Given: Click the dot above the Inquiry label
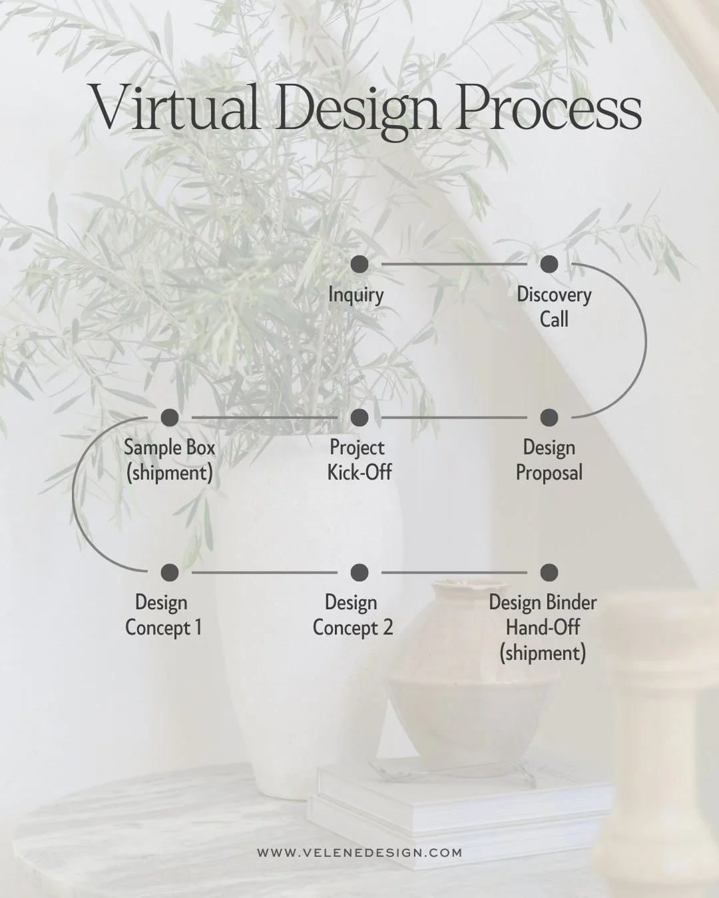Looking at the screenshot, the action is [359, 264].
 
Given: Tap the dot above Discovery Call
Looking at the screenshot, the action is [549, 264].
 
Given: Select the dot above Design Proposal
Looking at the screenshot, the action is [549, 418].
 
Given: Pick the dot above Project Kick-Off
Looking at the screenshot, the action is [359, 418].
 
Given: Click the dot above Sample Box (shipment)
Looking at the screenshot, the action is [170, 418].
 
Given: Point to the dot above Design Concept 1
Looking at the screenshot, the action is [170, 572].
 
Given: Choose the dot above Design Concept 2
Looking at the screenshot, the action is [359, 572].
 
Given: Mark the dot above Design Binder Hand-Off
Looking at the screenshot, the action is [549, 572].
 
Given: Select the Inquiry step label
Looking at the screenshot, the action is [356, 295].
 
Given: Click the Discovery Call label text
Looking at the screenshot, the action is [554, 307].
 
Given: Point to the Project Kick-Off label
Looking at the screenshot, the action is [359, 460].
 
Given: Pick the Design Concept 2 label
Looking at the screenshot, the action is [353, 615].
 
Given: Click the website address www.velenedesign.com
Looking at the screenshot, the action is [359, 852].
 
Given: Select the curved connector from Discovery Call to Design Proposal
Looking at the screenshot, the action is [645, 341].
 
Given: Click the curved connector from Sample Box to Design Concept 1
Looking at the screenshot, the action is [73, 496].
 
